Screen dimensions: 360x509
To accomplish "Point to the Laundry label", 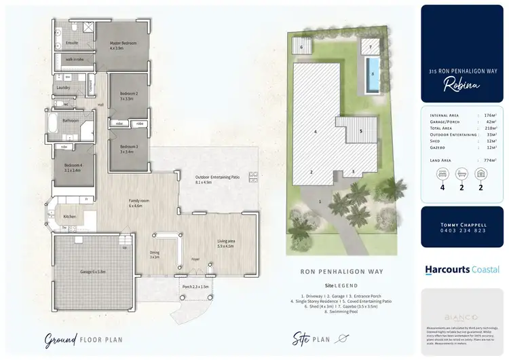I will pos(62,88).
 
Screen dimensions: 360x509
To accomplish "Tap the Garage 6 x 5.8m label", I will pos(93,271).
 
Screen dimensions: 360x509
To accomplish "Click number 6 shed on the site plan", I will pos(301,48).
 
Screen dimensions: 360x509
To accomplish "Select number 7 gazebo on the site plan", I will pos(371,47).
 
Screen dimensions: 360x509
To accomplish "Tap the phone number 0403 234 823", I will pos(463,230).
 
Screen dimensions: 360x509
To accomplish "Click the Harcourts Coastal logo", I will pos(462,269).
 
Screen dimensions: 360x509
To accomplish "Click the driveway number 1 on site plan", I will pos(320,202).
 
